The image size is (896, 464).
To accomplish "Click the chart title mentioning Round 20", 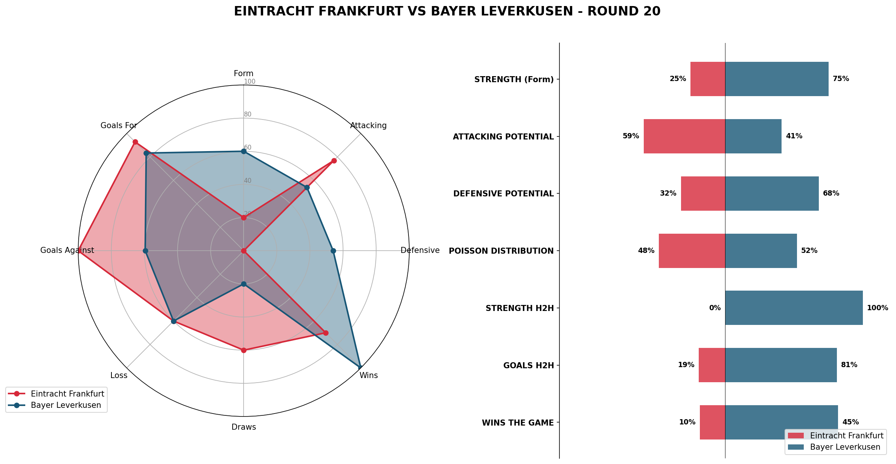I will (447, 12).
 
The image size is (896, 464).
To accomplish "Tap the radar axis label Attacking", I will (368, 126).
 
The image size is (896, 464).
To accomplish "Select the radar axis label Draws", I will (244, 427).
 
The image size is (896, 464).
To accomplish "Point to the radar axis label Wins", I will (369, 375).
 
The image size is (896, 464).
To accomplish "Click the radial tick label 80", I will (247, 115).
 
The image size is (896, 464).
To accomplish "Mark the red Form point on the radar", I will (244, 217).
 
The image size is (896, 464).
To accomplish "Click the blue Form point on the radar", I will (244, 151).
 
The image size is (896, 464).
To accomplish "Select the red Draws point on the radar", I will (244, 350).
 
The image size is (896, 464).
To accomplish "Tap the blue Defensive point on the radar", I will (333, 251).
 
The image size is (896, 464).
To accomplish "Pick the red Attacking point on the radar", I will (334, 161).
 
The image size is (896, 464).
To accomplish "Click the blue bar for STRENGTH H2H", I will (794, 308).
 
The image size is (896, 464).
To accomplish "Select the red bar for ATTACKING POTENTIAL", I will (684, 136).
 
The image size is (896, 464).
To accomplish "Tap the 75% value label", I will (841, 79).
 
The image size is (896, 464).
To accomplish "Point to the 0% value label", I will (715, 308).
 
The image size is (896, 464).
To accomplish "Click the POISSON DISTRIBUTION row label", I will (501, 251).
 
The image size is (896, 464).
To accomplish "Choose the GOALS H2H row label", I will (529, 366).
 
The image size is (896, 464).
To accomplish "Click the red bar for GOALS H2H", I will (712, 365).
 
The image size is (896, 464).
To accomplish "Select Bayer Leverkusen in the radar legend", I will (66, 405).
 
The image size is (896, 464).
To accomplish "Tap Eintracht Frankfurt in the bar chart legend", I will (846, 436).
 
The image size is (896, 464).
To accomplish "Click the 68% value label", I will (831, 193).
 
